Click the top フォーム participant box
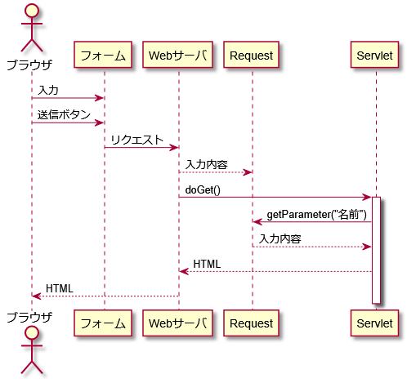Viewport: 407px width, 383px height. (x=103, y=55)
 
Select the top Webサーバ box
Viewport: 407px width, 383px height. (x=177, y=55)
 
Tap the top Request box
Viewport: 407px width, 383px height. (x=251, y=55)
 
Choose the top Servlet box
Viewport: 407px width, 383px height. (x=374, y=55)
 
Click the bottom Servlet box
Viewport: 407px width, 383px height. (x=374, y=323)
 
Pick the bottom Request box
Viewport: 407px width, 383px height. (x=251, y=323)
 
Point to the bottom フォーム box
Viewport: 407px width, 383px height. (x=103, y=323)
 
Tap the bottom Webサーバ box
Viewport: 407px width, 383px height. (x=177, y=323)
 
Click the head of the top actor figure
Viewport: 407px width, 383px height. (x=32, y=11)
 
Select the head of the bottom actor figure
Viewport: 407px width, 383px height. (x=32, y=332)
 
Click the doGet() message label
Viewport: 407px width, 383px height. (x=203, y=189)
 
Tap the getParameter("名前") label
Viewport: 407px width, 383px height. (x=316, y=215)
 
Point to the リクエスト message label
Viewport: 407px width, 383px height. (x=136, y=140)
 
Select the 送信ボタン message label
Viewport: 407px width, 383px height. (x=64, y=115)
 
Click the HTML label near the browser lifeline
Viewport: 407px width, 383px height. (x=60, y=288)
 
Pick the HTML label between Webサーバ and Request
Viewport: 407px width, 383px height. (x=207, y=264)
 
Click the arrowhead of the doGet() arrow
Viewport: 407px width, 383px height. (x=367, y=197)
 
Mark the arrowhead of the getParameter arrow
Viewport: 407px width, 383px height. (x=257, y=222)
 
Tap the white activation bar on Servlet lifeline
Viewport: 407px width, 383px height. (x=376, y=250)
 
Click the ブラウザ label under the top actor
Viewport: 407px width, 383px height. (x=29, y=65)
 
